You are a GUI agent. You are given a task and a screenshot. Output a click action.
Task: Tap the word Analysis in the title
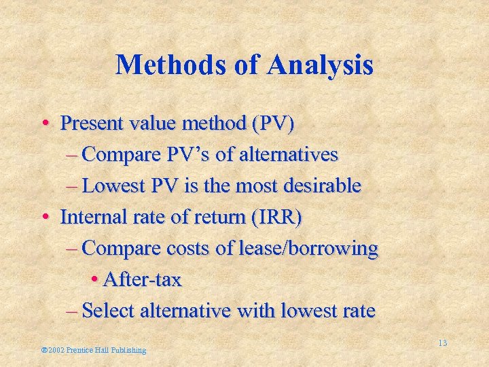point(321,65)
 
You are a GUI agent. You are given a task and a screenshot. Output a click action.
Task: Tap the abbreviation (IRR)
point(278,217)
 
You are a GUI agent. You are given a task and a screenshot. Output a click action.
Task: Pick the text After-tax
point(142,280)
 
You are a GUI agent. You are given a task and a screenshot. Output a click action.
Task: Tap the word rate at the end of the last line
point(359,311)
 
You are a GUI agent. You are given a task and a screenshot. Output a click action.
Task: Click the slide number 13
point(442,343)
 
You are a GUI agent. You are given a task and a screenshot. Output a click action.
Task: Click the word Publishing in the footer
point(125,350)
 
